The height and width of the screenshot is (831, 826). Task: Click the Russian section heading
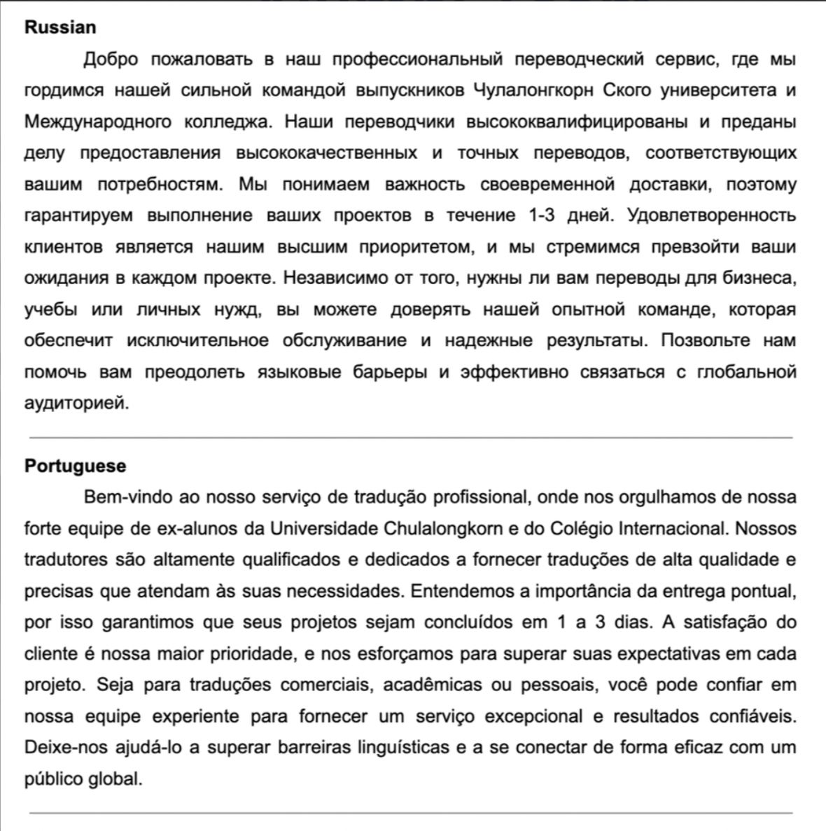click(x=60, y=27)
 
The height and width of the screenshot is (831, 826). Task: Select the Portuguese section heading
click(x=76, y=466)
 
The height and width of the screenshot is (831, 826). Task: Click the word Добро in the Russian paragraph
click(x=111, y=59)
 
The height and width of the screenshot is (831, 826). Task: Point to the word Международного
click(x=97, y=122)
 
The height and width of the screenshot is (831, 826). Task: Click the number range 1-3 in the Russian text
click(x=539, y=215)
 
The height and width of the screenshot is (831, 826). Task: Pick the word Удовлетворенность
click(x=712, y=215)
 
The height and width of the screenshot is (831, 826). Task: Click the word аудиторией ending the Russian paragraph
click(x=76, y=404)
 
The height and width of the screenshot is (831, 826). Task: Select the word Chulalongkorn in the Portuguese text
click(x=442, y=528)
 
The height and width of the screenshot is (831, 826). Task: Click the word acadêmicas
click(x=432, y=685)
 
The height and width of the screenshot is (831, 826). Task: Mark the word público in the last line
click(x=52, y=779)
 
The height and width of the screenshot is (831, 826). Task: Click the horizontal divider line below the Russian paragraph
click(x=412, y=438)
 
